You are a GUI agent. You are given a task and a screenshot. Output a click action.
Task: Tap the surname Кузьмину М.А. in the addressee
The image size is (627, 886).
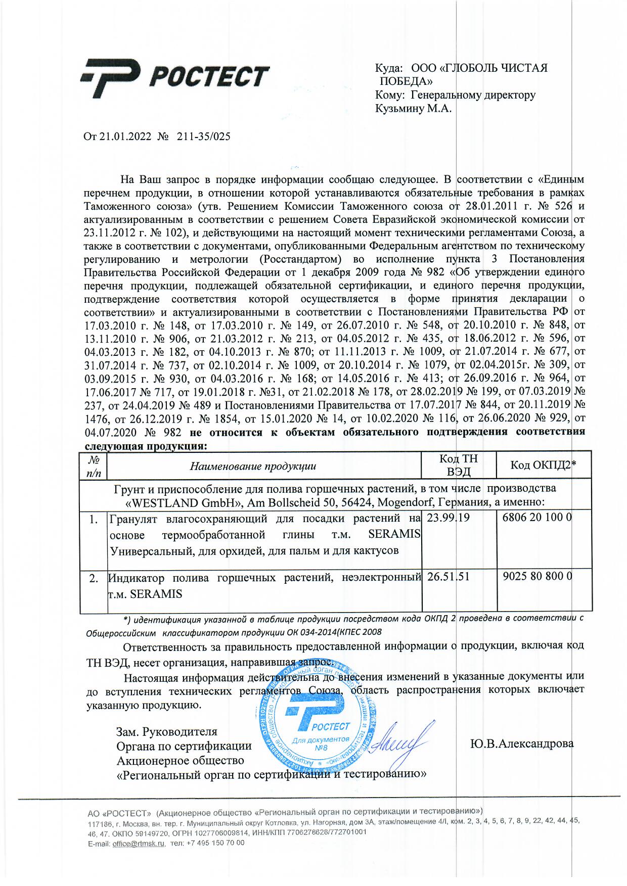pos(413,108)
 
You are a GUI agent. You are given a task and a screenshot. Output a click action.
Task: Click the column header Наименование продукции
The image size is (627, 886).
pos(253,466)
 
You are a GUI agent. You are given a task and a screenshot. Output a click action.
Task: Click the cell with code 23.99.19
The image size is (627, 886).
pos(449,518)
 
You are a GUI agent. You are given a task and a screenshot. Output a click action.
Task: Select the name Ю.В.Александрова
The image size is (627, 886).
pos(522,743)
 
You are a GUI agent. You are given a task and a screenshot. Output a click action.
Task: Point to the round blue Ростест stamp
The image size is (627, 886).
pos(316,718)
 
